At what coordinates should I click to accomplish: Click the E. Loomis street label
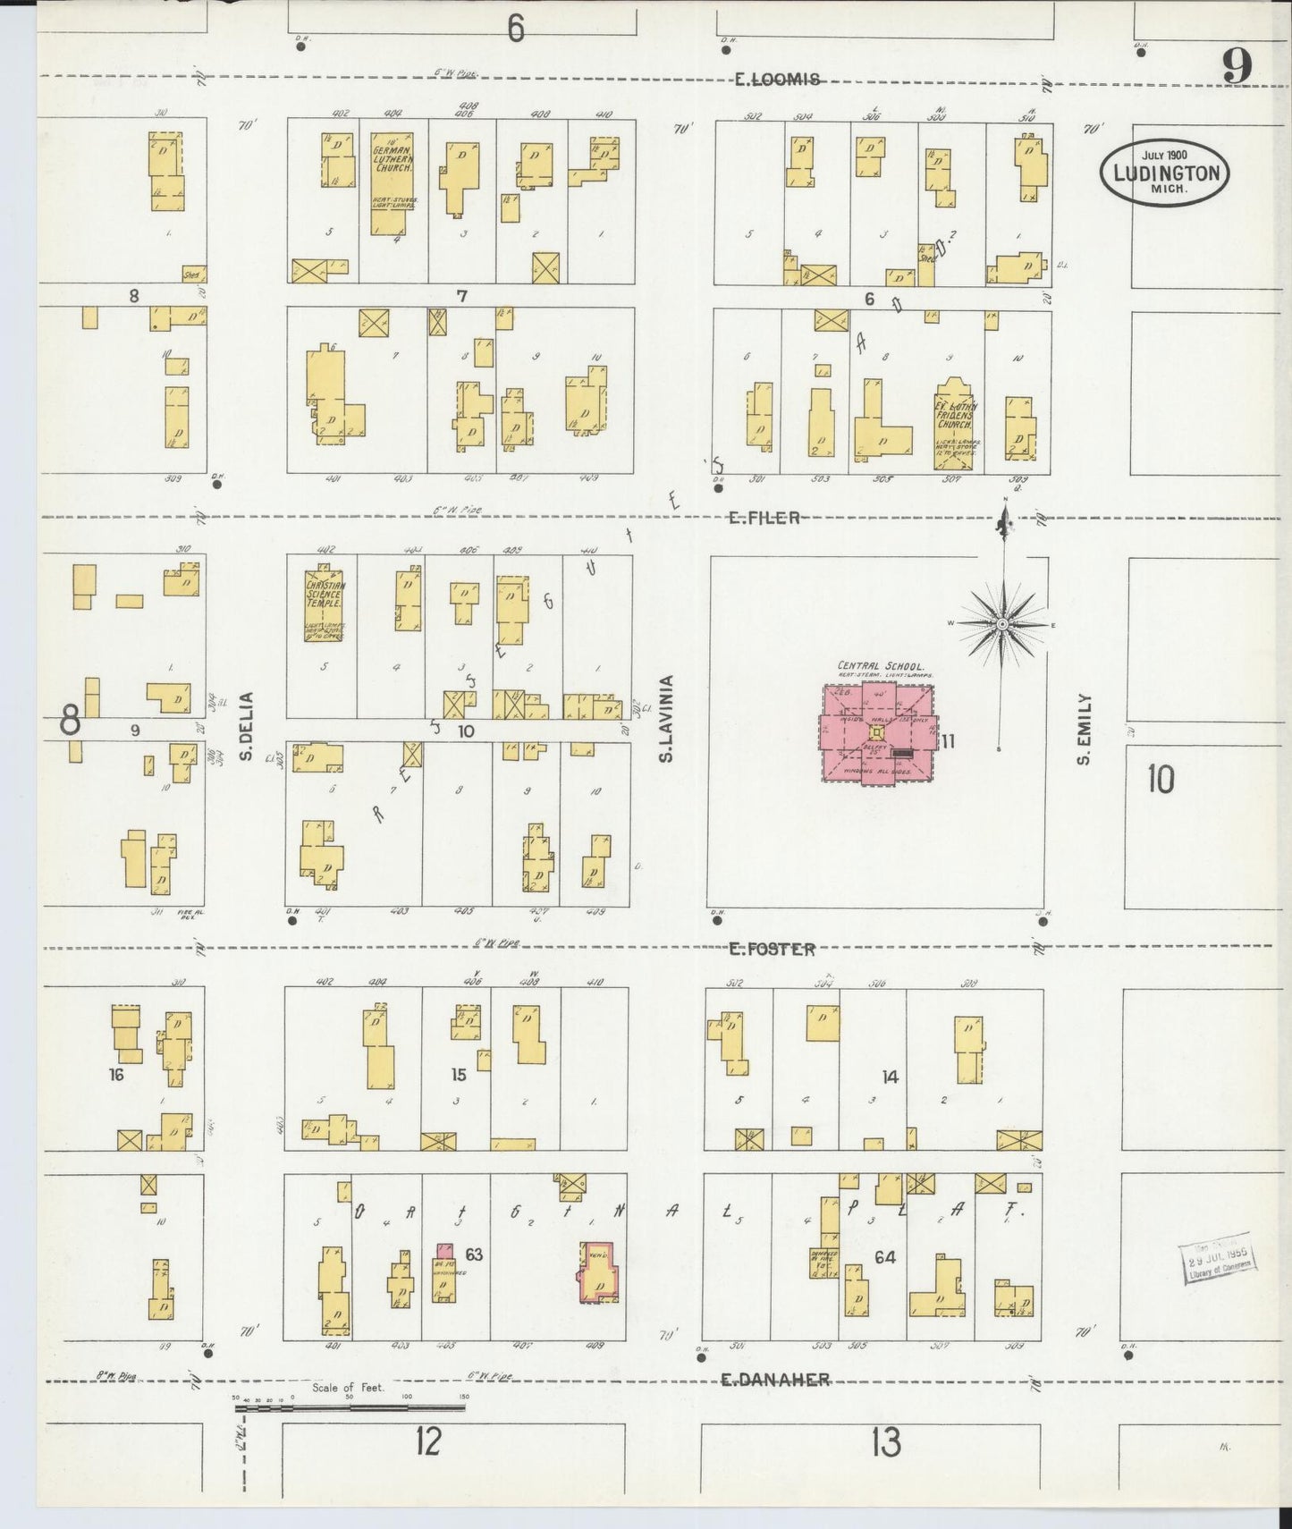[776, 80]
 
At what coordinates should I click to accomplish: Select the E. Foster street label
[771, 950]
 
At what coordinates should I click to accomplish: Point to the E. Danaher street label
[775, 1380]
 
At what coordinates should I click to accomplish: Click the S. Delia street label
[246, 726]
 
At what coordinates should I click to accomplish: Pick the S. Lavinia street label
[666, 719]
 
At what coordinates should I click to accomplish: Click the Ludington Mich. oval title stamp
[1165, 173]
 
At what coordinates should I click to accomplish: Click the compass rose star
[1003, 623]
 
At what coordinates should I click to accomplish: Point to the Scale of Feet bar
[350, 1407]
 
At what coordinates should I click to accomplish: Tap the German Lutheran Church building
[392, 183]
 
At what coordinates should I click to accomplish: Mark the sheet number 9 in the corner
[1237, 64]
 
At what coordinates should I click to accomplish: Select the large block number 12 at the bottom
[428, 1441]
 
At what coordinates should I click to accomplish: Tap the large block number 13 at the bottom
[885, 1442]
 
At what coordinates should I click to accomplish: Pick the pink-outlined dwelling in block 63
[597, 1271]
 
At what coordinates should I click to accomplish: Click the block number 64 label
[885, 1257]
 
